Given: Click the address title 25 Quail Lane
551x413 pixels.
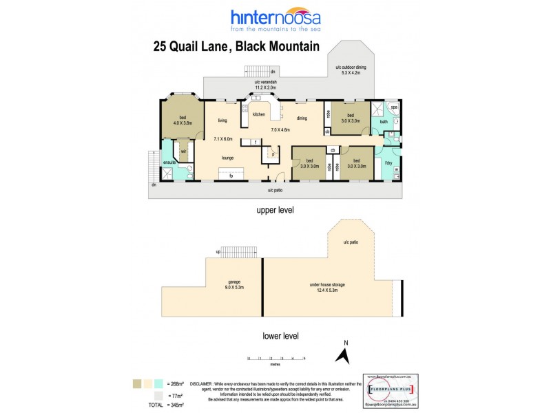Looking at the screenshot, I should tap(236, 47).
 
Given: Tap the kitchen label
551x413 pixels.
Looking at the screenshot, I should tap(258, 114).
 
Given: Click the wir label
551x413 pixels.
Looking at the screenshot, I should tap(183, 151).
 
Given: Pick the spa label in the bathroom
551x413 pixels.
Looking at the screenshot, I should tap(394, 108).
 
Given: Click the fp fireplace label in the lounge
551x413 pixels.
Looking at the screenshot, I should tap(230, 176).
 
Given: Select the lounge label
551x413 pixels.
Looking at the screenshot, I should tap(227, 158).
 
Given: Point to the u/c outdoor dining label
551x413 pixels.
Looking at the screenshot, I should tap(351, 70).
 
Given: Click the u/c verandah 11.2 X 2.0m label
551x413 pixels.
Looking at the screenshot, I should tap(265, 85).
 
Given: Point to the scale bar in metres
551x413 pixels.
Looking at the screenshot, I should tap(276, 359).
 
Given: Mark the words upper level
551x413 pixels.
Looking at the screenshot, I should tap(275, 210).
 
